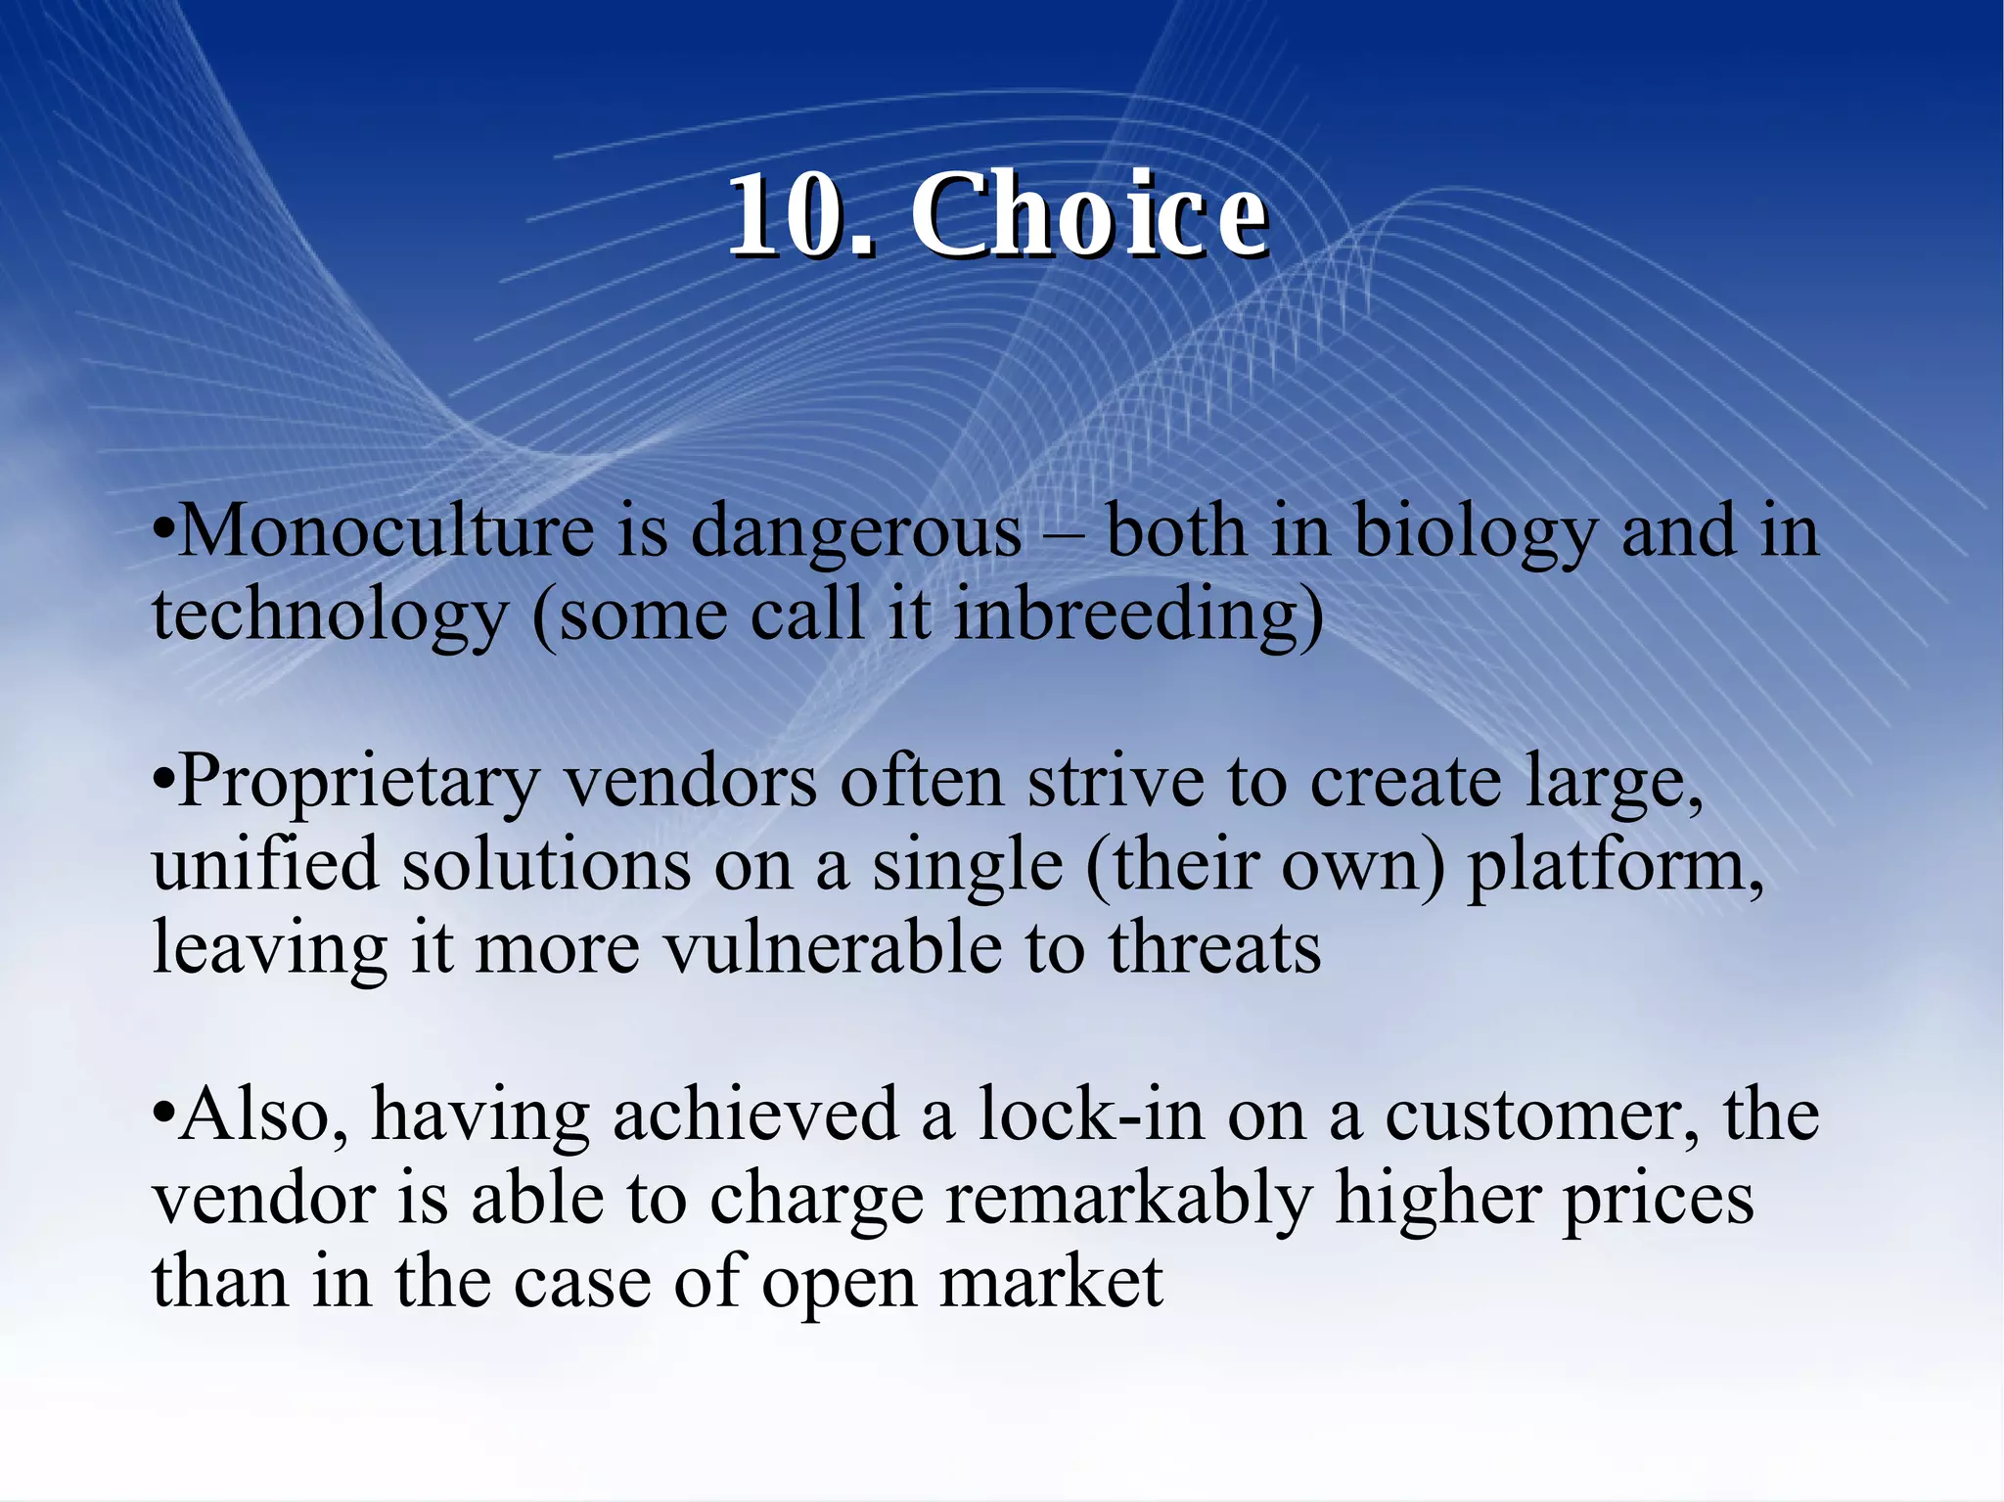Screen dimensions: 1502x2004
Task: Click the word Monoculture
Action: click(387, 531)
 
